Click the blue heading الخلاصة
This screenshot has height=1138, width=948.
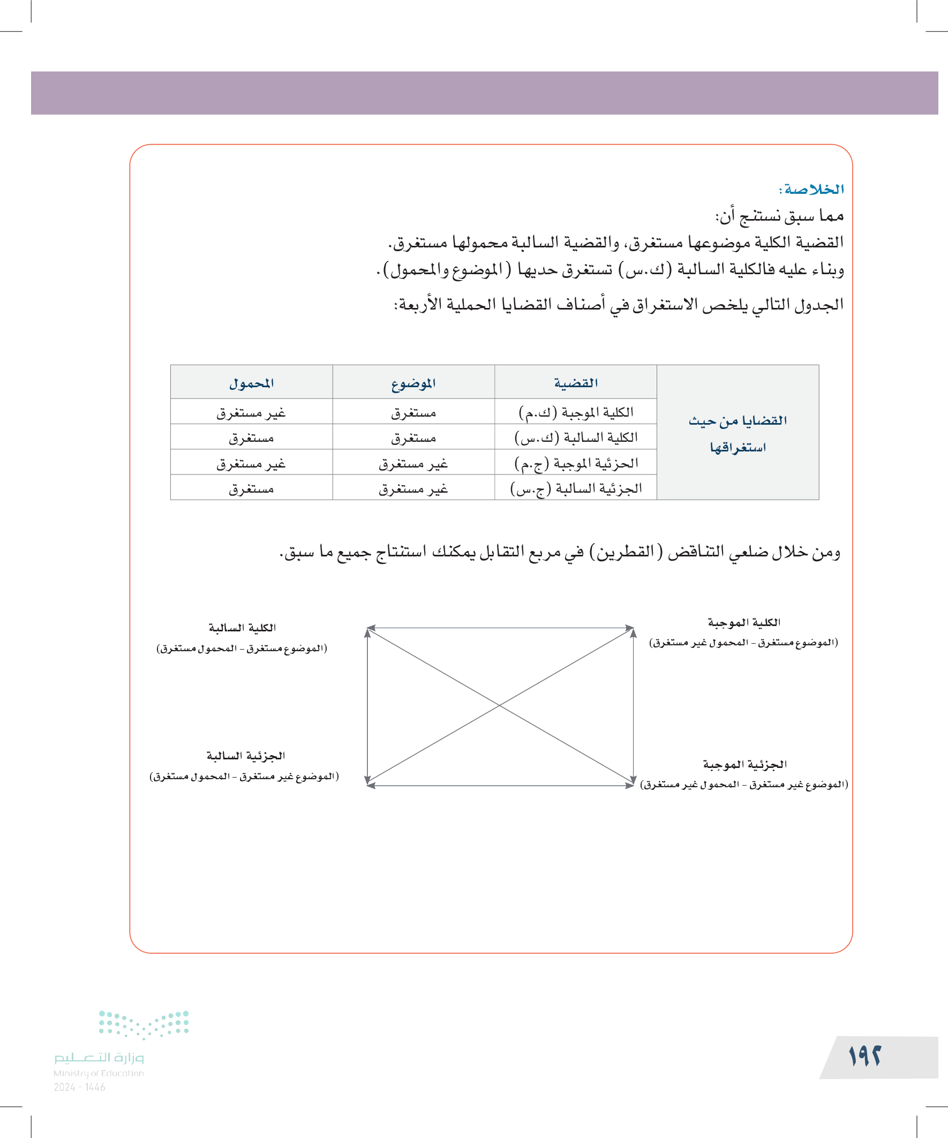(x=811, y=189)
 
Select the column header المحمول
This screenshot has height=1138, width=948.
(x=251, y=383)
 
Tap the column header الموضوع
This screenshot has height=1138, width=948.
(x=413, y=383)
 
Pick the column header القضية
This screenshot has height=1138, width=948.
(x=576, y=383)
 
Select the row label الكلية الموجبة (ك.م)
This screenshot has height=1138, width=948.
(x=576, y=412)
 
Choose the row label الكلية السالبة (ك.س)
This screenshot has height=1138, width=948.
(x=576, y=438)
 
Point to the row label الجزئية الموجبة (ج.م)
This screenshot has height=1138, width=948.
(x=576, y=463)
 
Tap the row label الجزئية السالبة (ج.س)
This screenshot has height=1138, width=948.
(x=576, y=488)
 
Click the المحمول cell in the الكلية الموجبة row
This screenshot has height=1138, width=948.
(x=251, y=413)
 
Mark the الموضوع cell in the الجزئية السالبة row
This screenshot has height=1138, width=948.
(x=413, y=489)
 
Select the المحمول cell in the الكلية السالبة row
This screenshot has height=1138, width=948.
(x=251, y=438)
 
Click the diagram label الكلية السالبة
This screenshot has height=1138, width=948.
(x=242, y=628)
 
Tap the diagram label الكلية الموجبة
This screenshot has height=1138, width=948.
(x=743, y=622)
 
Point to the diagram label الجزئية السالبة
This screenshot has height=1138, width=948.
(x=245, y=756)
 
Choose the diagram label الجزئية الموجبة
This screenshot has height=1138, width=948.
(x=744, y=764)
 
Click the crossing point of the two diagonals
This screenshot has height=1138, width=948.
(x=499, y=706)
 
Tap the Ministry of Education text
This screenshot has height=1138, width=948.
(x=99, y=1073)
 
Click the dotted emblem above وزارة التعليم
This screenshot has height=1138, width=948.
(x=144, y=1024)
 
